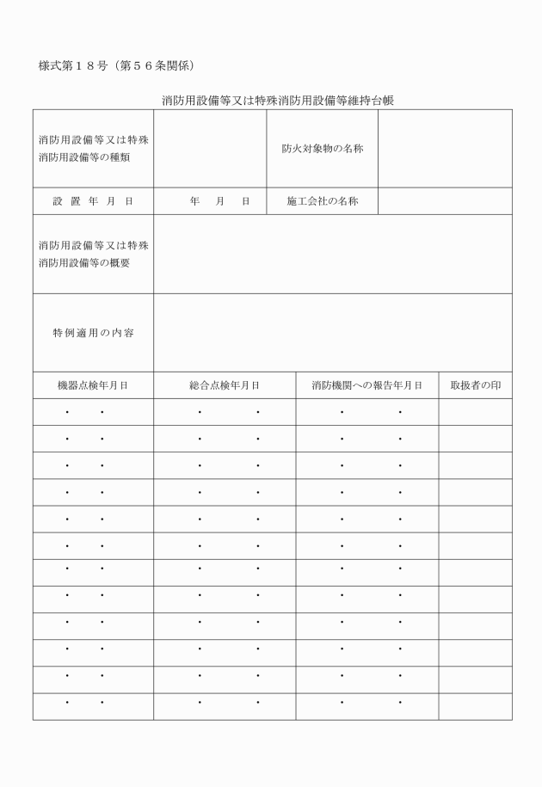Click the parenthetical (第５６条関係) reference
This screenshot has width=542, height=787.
click(x=161, y=66)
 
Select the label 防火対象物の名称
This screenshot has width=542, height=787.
click(x=322, y=148)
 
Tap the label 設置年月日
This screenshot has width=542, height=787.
click(x=93, y=201)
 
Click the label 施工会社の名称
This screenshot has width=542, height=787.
click(x=322, y=201)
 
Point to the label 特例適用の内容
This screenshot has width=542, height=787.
click(x=93, y=333)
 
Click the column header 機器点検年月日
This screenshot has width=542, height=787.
click(x=93, y=386)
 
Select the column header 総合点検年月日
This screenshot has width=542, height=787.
click(x=225, y=386)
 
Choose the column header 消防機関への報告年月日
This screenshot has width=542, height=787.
click(x=366, y=386)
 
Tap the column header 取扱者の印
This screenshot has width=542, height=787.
click(x=475, y=386)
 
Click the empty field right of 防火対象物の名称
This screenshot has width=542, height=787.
click(x=445, y=148)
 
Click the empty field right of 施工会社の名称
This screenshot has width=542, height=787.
click(x=445, y=201)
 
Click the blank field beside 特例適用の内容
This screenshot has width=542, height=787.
click(x=333, y=333)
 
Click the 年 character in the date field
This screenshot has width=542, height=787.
click(x=195, y=201)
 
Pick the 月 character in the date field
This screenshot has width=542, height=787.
click(x=220, y=201)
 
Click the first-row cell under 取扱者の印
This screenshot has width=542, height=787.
click(x=475, y=413)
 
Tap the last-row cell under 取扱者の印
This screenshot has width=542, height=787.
click(x=475, y=706)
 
